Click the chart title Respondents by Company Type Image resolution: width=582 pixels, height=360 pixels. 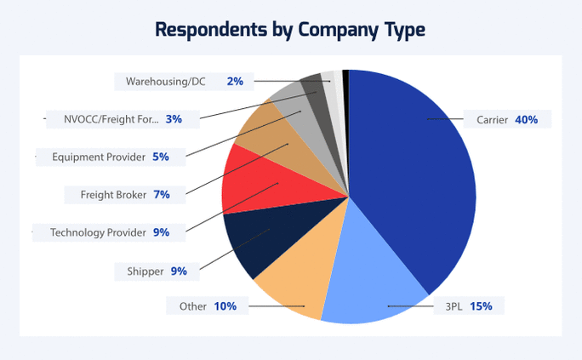(290, 30)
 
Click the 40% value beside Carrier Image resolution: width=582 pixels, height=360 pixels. (526, 120)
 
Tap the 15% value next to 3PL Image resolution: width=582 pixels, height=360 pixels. (481, 306)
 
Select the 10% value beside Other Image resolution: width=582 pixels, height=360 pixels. (225, 306)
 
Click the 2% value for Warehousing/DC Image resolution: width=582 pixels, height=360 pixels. (235, 82)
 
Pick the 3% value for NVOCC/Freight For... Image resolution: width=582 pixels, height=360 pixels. (174, 119)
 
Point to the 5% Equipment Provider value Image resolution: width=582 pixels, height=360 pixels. (161, 157)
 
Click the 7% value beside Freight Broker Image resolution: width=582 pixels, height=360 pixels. (162, 194)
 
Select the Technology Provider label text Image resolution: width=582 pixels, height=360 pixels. (98, 231)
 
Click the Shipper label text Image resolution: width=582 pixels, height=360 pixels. (145, 271)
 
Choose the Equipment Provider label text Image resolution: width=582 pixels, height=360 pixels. (99, 157)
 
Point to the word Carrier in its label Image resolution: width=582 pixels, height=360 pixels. (492, 120)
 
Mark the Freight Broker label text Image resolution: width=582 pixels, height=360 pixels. (113, 194)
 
